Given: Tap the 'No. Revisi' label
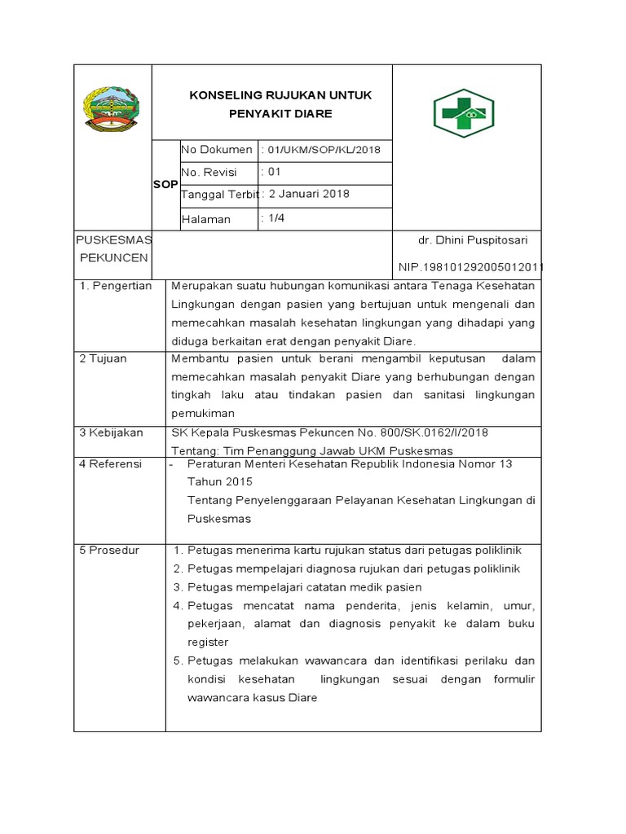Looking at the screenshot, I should coord(209,173).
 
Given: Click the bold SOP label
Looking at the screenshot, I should coord(165,185).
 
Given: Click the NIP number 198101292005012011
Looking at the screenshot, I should coord(471,266).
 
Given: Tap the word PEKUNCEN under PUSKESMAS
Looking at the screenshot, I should coord(113,257).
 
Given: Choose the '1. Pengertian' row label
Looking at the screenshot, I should coord(116,287).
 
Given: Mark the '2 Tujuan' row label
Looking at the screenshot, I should coord(103,358).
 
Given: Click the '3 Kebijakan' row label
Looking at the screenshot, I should coord(111,432).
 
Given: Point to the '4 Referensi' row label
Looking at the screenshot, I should coord(110,463).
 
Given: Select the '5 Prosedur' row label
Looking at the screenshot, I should coord(109,550).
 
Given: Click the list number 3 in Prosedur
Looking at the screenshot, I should coord(177,587).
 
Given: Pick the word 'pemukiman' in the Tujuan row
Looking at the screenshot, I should coord(204,414).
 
